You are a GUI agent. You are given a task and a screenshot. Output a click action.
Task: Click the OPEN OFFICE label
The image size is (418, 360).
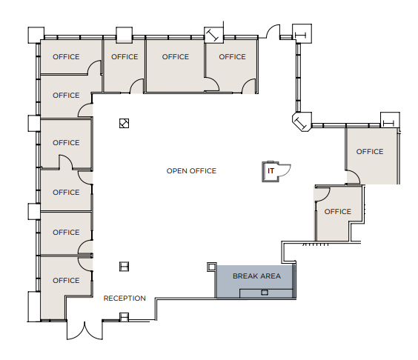[x=191, y=171]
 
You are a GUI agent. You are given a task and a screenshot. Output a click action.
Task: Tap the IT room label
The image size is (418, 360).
[x=271, y=171]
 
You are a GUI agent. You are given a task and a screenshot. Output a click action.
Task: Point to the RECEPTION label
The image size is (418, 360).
[x=125, y=299]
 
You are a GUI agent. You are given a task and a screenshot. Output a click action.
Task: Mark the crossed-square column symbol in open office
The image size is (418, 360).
[x=125, y=124]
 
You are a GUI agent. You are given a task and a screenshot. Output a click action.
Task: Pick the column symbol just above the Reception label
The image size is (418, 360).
[x=125, y=267]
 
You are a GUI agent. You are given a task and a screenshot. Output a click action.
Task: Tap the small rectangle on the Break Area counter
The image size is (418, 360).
[x=264, y=293]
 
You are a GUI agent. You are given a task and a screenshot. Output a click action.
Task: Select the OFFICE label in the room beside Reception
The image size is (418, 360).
[x=66, y=280]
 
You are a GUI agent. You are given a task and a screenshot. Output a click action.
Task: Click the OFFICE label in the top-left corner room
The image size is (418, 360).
[x=66, y=57]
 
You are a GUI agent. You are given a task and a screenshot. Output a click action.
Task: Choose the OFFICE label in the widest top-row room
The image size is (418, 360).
[x=176, y=57]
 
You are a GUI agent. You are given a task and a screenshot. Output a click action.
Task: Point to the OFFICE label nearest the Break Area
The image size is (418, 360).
[x=338, y=212]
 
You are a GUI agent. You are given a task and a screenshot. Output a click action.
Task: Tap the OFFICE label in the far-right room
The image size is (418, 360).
[x=370, y=152]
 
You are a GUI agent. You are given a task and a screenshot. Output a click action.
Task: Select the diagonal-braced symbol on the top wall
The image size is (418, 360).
[x=213, y=35]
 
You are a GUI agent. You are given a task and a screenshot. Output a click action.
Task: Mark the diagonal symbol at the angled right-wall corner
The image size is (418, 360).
[x=302, y=122]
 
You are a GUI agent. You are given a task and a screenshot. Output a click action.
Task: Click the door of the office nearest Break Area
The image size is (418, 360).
[x=321, y=193]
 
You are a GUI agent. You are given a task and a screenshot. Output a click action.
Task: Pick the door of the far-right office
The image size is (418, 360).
[x=354, y=177]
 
